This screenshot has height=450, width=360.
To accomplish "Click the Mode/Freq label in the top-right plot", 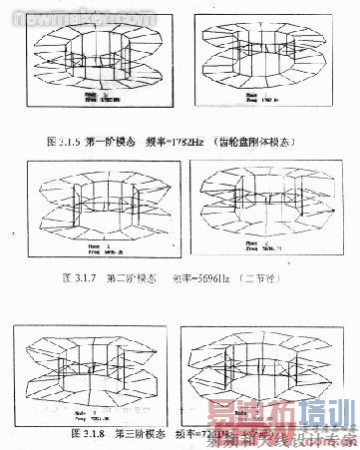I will click(236, 98).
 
